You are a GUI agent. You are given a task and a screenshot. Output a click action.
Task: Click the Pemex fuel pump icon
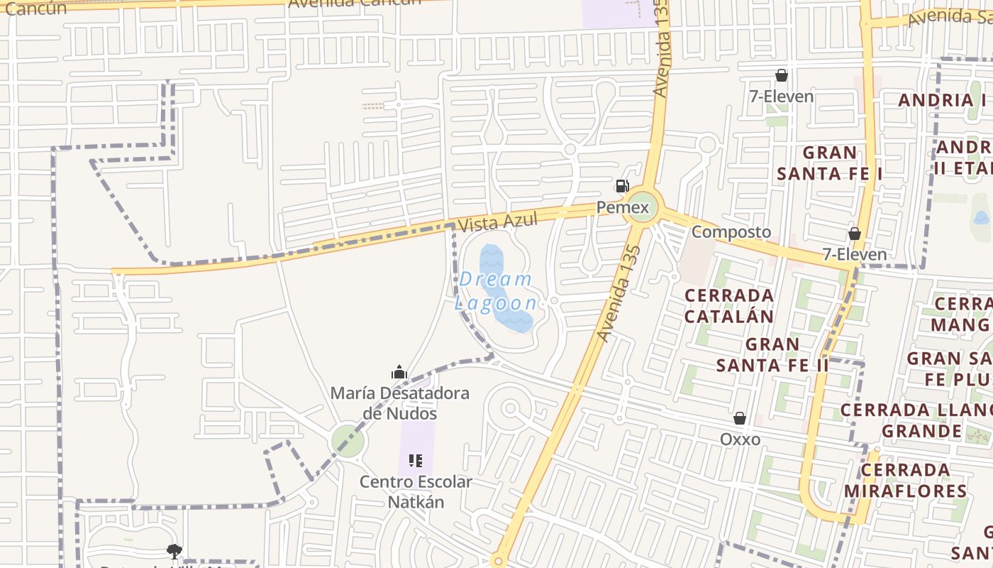tap(622, 186)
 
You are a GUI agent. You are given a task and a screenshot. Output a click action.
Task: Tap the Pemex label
tap(622, 207)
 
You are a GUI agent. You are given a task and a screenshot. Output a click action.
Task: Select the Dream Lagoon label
tap(496, 291)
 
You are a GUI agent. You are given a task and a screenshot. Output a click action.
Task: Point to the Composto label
tap(731, 231)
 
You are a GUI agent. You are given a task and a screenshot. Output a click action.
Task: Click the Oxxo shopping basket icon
tap(740, 418)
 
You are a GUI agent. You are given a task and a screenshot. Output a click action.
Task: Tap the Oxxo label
tap(740, 439)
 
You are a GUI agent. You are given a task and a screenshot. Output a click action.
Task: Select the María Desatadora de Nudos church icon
tap(399, 372)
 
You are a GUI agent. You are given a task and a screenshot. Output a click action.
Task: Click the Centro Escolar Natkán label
tap(416, 492)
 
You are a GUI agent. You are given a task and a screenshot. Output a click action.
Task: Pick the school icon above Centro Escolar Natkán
tap(416, 461)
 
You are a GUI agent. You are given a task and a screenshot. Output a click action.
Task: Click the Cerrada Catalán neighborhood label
tap(729, 305)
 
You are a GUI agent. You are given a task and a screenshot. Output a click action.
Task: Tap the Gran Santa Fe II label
tap(772, 354)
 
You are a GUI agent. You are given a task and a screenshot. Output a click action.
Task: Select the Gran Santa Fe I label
tap(829, 163)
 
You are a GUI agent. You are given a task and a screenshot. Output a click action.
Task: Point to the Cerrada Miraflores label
tap(906, 481)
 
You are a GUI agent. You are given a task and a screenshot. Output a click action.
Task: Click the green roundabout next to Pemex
tap(643, 208)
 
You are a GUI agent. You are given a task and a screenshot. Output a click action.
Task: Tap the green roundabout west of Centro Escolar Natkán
tap(348, 442)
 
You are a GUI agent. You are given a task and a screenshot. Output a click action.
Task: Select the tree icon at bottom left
tap(174, 551)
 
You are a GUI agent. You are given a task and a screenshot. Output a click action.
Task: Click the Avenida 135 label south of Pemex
tap(619, 293)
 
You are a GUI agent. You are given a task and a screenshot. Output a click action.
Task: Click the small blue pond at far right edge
tap(982, 217)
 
